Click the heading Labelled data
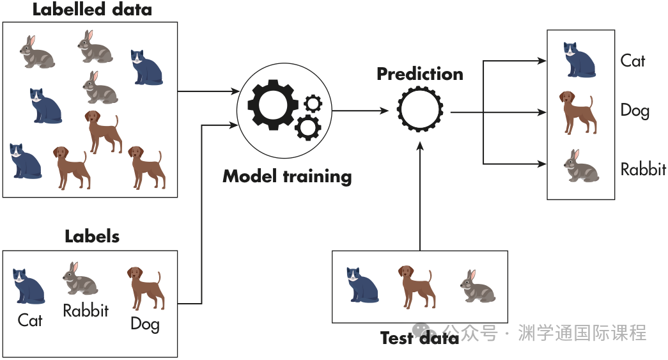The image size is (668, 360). [92, 10]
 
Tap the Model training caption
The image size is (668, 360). [287, 176]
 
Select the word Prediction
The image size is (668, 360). [419, 74]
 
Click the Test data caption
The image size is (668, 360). [419, 338]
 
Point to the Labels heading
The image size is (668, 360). [92, 236]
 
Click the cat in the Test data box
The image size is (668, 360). [362, 285]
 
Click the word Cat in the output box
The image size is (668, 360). [633, 61]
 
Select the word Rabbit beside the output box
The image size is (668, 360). [643, 169]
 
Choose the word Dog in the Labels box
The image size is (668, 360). [145, 324]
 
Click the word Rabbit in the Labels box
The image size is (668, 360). [86, 311]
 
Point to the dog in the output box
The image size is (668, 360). [578, 112]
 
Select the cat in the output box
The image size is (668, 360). [579, 59]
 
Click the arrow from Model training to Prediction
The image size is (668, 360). [361, 111]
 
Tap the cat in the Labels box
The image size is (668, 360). [29, 286]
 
